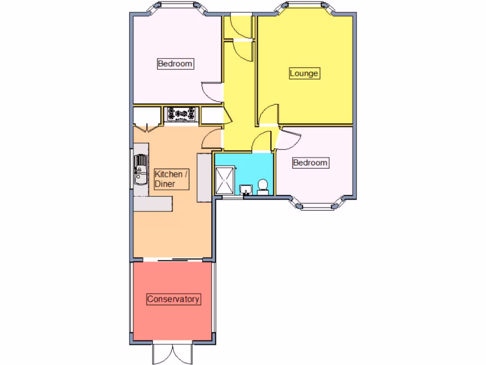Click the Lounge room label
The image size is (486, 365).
(x=304, y=74)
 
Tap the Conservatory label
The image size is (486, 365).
(x=173, y=299)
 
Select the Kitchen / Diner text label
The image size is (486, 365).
(x=171, y=179)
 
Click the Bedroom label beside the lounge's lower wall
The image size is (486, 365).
(x=310, y=163)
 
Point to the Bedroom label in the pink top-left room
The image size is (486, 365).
(x=175, y=64)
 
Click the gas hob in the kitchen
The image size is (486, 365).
(x=181, y=114)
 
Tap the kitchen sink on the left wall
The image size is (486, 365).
(x=140, y=171)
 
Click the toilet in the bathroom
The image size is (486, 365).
(x=262, y=187)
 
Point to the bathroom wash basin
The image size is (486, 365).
(x=246, y=190)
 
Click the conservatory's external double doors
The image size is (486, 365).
(x=173, y=353)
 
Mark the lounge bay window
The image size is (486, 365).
(x=304, y=6)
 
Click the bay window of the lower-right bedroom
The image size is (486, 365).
(x=318, y=205)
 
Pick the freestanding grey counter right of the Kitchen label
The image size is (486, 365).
(x=204, y=177)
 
